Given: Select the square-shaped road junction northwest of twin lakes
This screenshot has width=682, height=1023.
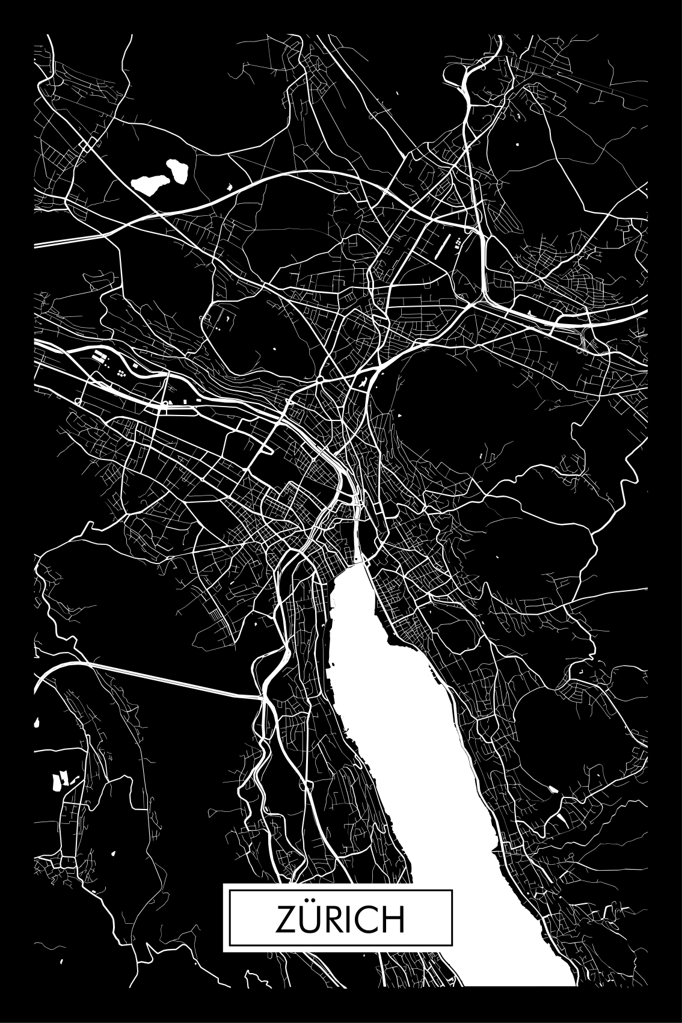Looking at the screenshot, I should pos(88,146).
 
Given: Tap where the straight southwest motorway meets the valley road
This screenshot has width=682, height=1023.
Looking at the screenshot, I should pos(263,697).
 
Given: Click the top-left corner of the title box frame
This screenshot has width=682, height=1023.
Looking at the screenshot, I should pos(224,884).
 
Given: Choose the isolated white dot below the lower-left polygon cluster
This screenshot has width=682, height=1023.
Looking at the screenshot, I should pos(113,853).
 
